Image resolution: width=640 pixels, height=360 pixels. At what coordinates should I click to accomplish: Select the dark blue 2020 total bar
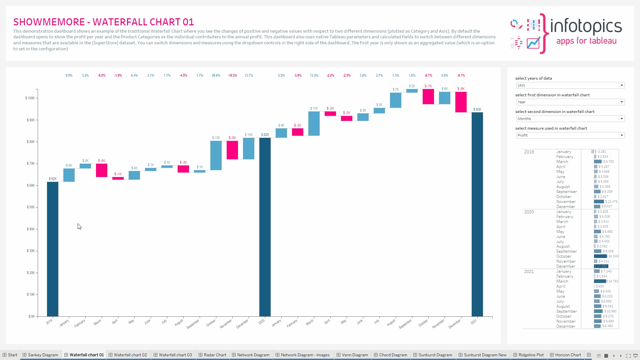265,227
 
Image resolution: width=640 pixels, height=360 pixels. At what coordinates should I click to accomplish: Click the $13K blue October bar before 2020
216,155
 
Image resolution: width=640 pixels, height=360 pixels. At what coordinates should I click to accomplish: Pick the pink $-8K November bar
232,150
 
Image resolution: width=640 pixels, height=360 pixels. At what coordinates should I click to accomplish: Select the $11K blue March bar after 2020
314,123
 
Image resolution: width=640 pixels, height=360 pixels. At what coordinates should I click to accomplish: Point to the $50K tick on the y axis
31,207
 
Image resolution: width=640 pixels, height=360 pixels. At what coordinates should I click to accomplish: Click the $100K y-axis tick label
30,98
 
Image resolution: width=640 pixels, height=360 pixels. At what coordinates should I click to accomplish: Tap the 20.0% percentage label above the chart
216,76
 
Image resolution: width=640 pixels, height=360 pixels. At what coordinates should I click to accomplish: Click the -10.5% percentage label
232,76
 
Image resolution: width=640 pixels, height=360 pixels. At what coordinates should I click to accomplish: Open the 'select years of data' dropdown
570,85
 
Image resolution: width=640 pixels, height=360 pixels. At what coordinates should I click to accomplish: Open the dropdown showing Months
570,119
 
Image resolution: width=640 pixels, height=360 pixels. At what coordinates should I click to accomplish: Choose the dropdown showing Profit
570,135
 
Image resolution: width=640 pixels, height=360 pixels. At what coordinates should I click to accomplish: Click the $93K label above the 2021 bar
477,109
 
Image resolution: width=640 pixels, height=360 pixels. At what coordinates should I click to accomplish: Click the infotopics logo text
586,27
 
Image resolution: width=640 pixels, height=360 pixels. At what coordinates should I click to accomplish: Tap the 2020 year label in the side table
529,212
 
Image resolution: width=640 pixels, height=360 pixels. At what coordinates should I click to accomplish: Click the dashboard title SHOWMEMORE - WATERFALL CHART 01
104,22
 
